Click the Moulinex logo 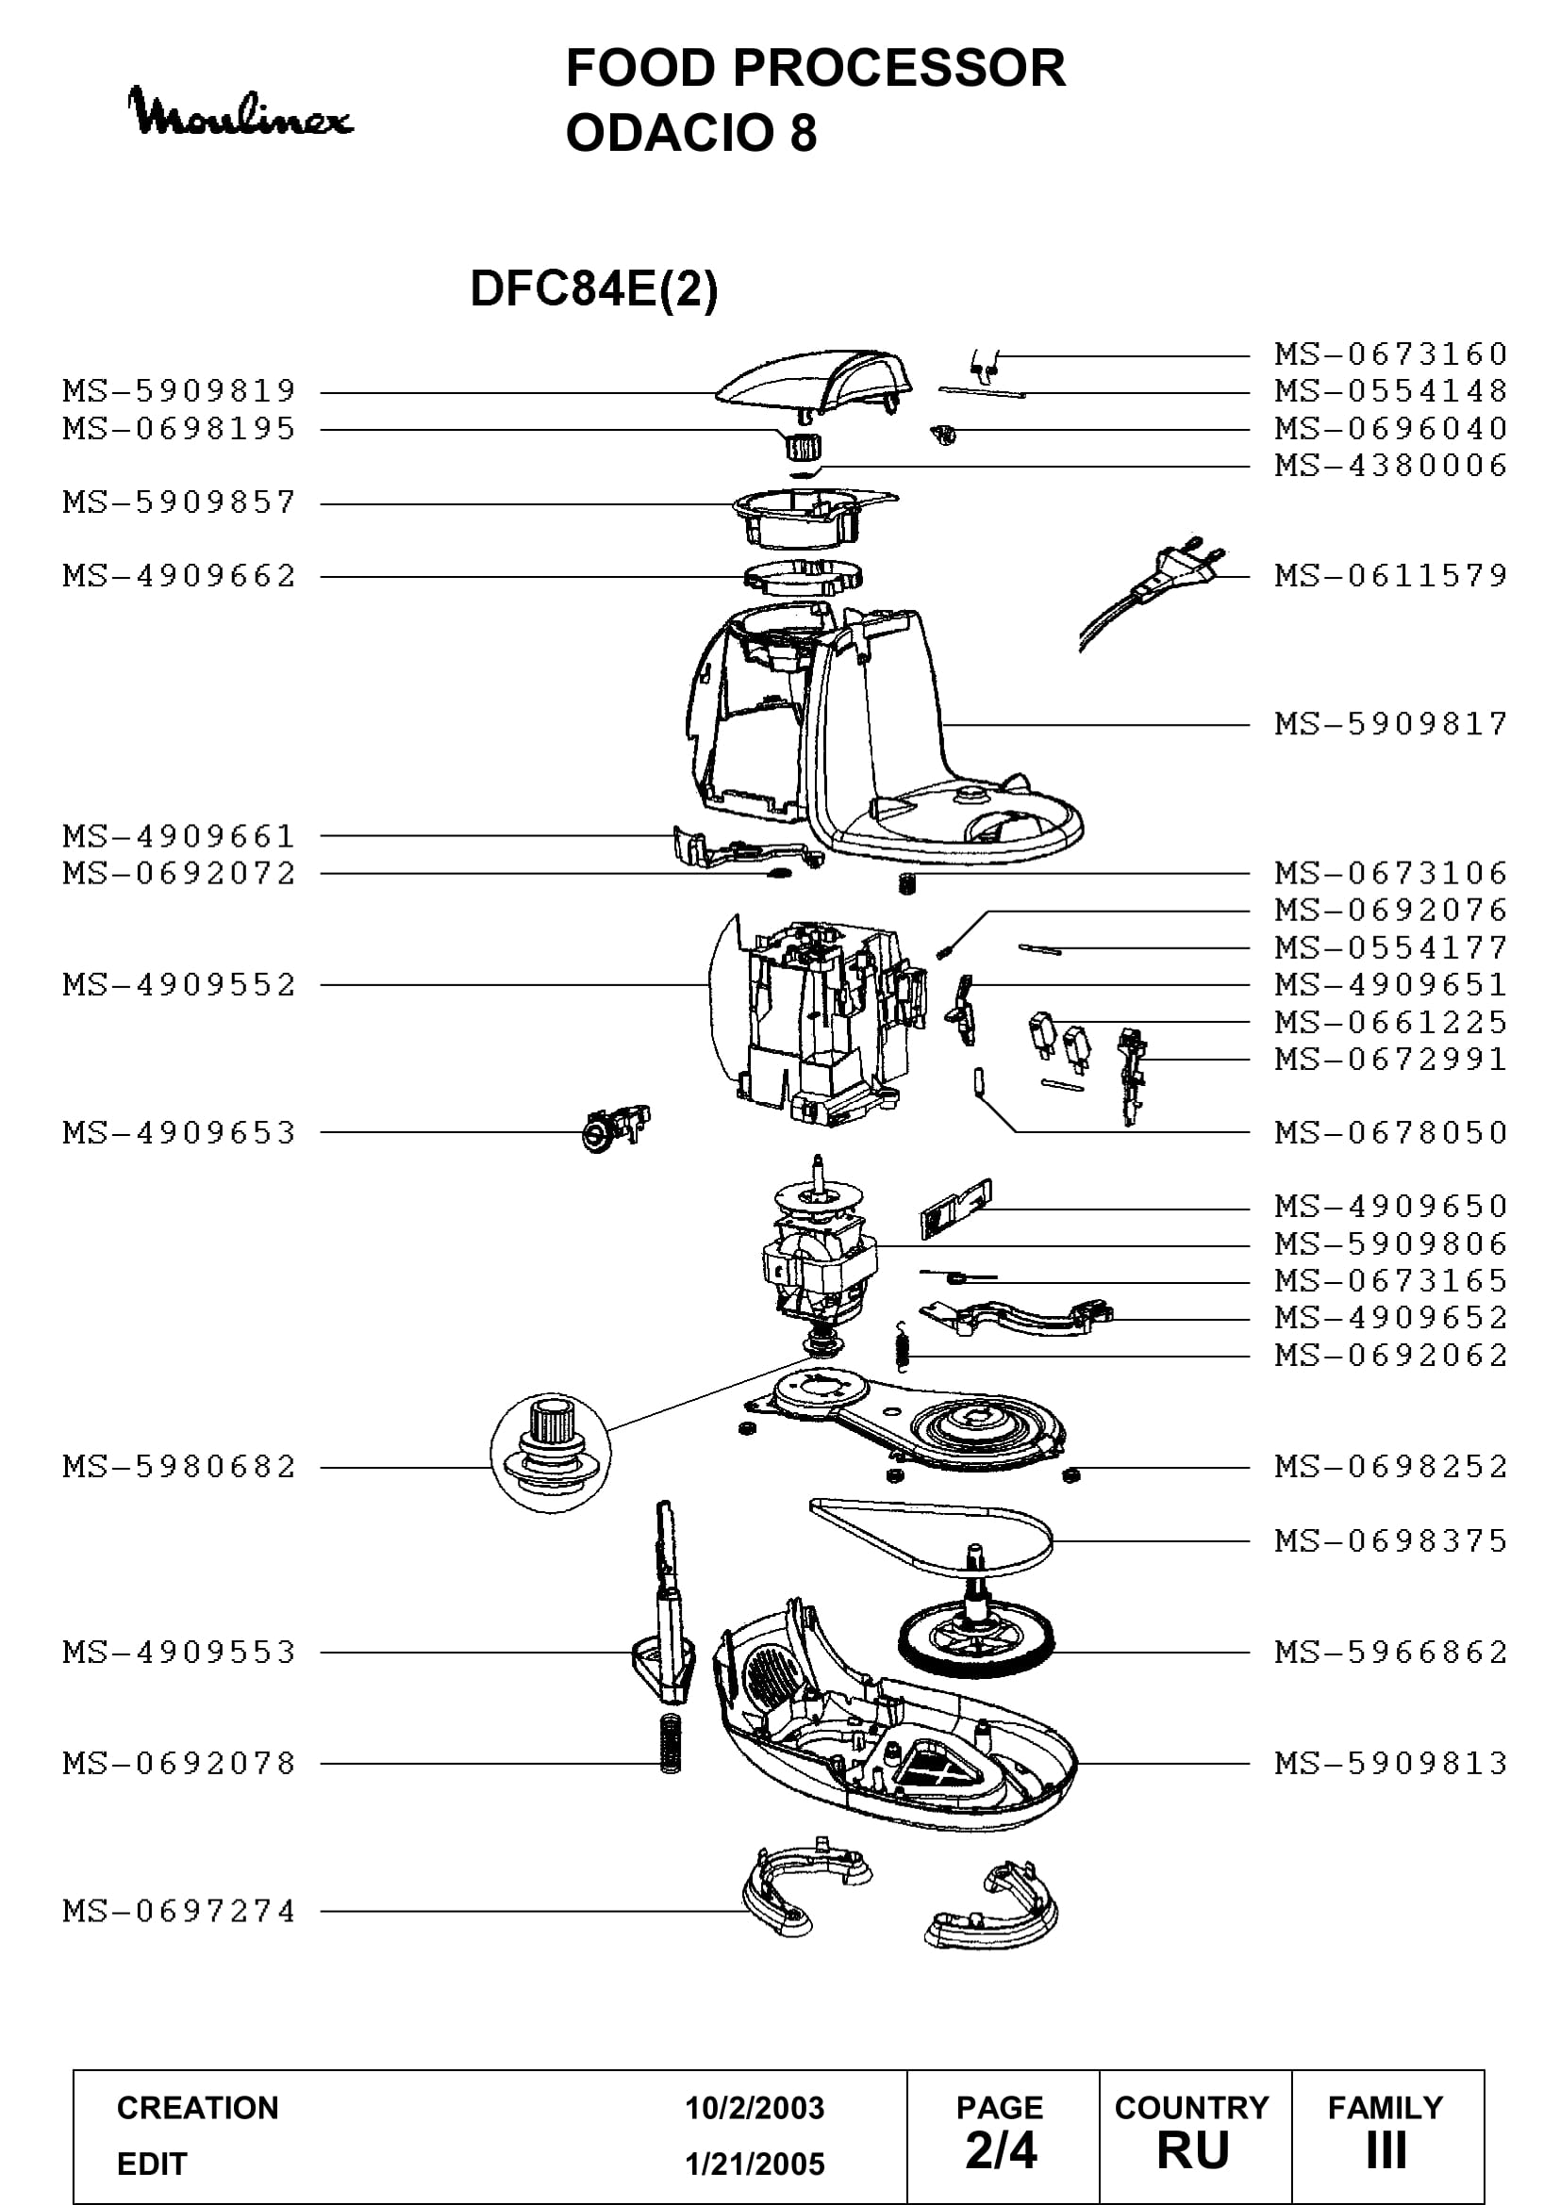tap(241, 112)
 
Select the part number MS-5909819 tap(179, 392)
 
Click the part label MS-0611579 tap(1391, 576)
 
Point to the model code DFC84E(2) tap(593, 288)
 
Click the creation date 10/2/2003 tap(755, 2108)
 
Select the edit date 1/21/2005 tap(755, 2164)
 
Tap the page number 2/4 tap(1001, 2150)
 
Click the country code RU tap(1193, 2151)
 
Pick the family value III tap(1386, 2151)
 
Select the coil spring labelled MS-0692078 tap(671, 1742)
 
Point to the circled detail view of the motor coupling tap(551, 1453)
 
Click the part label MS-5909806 tap(1391, 1244)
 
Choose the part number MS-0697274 tap(179, 1911)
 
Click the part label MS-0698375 tap(1391, 1540)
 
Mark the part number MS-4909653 tap(179, 1133)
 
